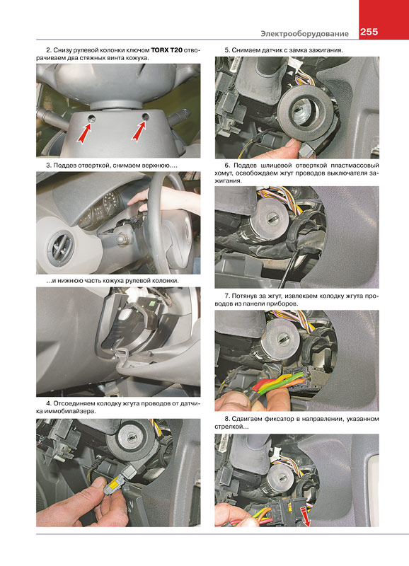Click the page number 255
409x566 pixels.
coord(369,32)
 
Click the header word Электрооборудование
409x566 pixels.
coord(305,33)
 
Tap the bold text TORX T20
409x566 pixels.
coord(166,50)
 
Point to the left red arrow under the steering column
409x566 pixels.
coord(84,132)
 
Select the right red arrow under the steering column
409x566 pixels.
coord(139,131)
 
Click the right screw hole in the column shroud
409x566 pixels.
coord(146,116)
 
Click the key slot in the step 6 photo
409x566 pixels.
coord(272,218)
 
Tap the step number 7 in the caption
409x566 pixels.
coord(227,296)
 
